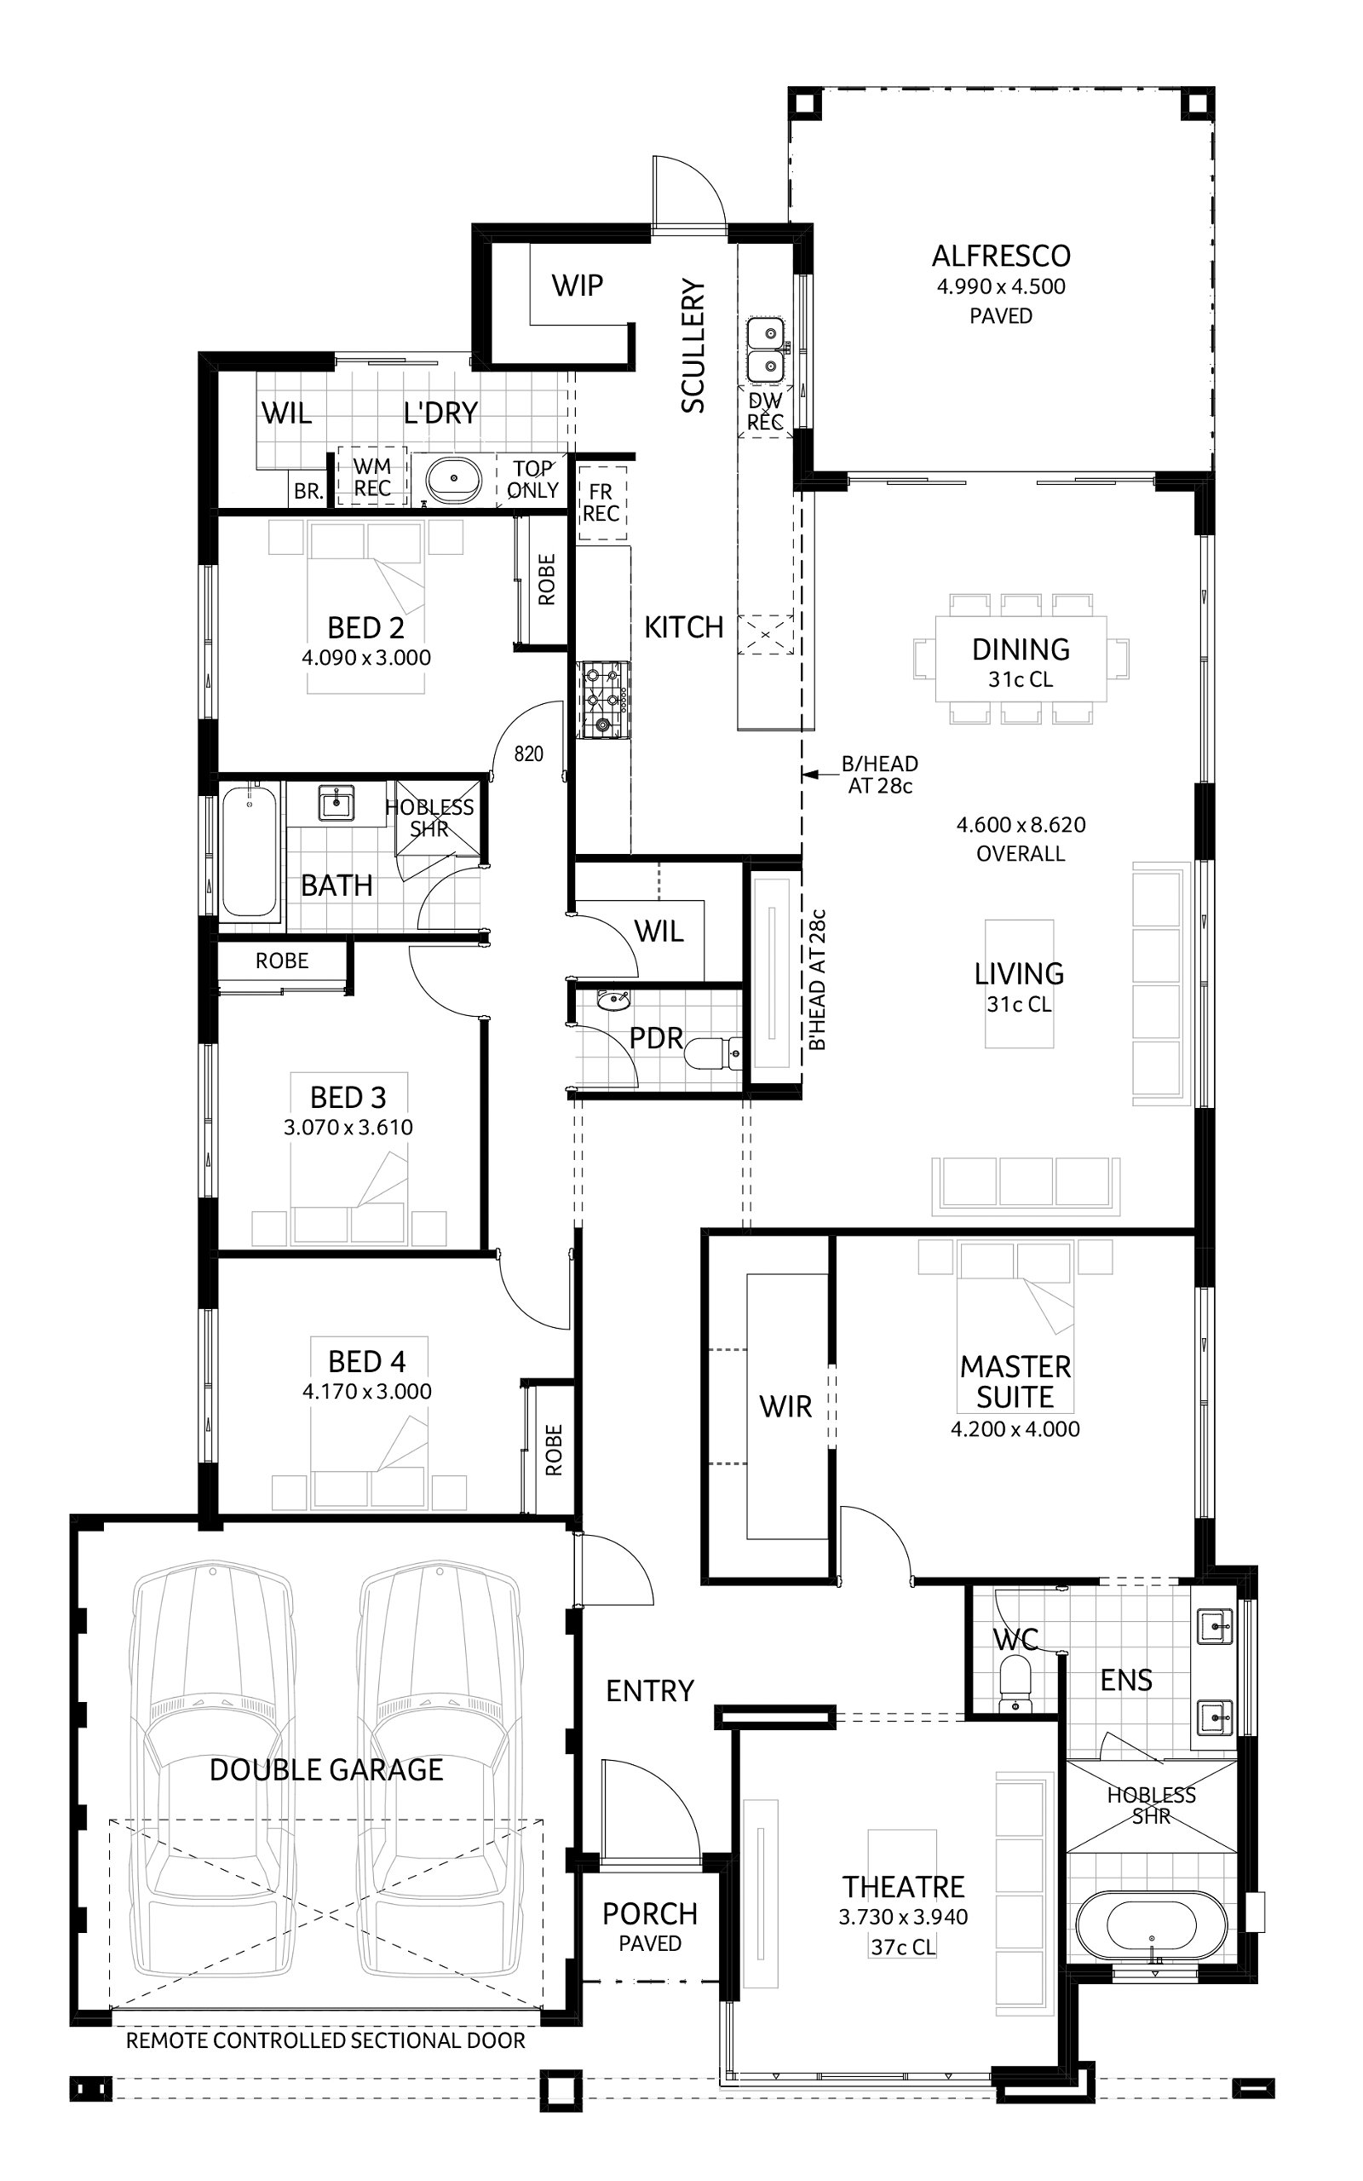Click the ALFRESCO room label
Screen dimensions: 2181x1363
tap(1001, 256)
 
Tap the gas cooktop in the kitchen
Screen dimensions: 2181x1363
tap(604, 700)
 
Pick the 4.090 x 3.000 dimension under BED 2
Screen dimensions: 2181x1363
tap(366, 657)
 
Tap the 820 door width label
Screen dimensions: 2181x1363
tap(528, 753)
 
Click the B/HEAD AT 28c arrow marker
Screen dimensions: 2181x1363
tap(810, 774)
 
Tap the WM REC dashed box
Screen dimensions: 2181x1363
tap(371, 478)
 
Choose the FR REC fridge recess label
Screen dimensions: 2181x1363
tap(601, 502)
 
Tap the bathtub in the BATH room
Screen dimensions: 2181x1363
tap(249, 850)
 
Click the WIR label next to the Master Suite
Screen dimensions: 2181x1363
tap(785, 1405)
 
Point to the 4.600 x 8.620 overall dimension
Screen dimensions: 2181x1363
tap(1021, 824)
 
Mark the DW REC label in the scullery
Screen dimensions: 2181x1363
tap(765, 412)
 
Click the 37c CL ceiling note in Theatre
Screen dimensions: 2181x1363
tap(902, 1947)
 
